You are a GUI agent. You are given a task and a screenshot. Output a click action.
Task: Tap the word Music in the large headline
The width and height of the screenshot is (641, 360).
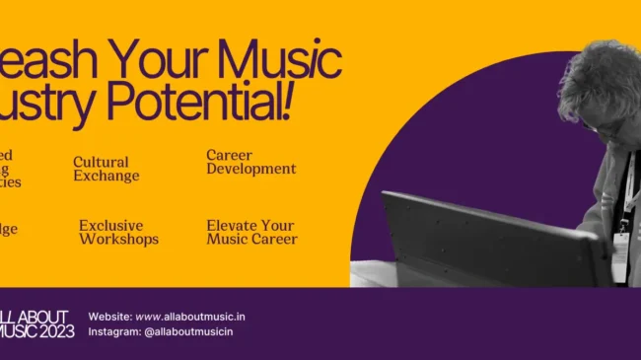pos(280,60)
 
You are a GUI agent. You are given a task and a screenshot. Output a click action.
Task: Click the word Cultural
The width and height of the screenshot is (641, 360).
pos(101,162)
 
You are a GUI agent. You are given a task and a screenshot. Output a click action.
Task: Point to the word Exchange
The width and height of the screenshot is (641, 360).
pos(106,176)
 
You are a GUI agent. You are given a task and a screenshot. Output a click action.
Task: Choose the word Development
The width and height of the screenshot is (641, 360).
pos(250,169)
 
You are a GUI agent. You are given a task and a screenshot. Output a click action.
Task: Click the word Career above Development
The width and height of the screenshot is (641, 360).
pos(229,155)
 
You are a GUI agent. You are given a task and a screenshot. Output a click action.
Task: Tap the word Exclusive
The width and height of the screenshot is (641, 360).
pos(110,225)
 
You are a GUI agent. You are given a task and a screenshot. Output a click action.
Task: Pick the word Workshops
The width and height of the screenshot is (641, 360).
pos(118,239)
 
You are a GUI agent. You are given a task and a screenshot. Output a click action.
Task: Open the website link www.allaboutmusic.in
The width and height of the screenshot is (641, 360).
pos(190,316)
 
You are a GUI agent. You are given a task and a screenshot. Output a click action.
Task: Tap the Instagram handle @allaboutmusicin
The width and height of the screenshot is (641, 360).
pos(188,331)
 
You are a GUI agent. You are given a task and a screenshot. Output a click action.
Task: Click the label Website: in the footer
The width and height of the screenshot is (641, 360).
pos(109,316)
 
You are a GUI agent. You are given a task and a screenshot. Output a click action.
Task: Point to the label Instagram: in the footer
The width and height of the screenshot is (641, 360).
pos(113,331)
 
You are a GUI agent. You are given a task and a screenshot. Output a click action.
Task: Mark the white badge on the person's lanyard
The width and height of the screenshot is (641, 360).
pos(623,226)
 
